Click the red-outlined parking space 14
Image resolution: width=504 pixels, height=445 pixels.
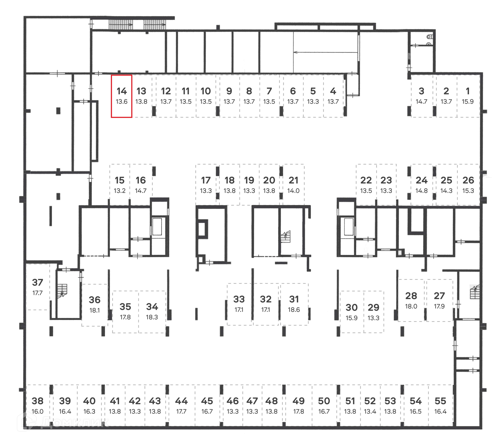(121, 96)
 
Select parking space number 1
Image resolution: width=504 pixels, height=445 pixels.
(468, 96)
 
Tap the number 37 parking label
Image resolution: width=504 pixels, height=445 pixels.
(37, 282)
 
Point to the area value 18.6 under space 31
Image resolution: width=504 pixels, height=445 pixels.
(294, 310)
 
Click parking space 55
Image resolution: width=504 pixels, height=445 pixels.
(440, 405)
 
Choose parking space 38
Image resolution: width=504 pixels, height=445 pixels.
(37, 405)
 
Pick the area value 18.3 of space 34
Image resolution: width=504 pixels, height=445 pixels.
(152, 317)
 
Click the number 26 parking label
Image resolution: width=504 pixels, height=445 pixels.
(468, 180)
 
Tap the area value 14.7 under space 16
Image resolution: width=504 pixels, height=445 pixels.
(141, 191)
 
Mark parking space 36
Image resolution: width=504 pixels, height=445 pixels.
(94, 305)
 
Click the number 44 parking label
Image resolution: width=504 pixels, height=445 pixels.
(181, 401)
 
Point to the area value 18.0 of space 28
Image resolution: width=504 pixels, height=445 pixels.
(411, 306)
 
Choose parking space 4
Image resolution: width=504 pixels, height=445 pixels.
(333, 96)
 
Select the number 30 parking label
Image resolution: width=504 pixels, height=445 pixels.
(351, 307)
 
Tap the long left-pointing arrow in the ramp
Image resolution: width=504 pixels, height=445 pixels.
(325, 52)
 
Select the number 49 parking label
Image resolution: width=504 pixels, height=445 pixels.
(298, 401)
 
